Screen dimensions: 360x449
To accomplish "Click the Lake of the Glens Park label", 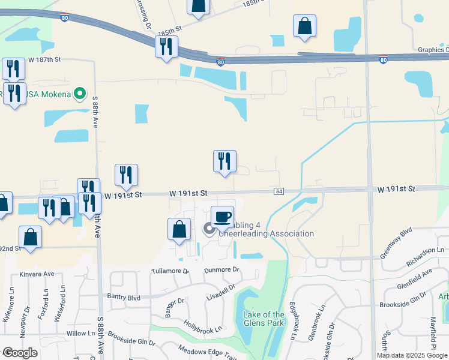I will click(264, 319).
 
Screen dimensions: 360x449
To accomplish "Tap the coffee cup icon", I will click(222, 215).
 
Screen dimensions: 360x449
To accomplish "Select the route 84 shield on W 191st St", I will click(279, 191).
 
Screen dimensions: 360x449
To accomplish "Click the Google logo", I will click(20, 353).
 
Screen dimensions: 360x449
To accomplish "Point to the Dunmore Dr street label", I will click(221, 271).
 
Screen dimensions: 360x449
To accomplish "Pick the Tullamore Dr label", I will click(170, 271).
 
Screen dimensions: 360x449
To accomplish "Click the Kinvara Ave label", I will click(37, 274).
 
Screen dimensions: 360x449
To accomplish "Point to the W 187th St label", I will click(44, 60).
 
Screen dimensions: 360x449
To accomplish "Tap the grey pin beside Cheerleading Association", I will click(209, 229).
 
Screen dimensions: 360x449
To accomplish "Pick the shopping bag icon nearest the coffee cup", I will click(179, 229).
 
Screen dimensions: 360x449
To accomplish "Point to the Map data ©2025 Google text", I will click(412, 355).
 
